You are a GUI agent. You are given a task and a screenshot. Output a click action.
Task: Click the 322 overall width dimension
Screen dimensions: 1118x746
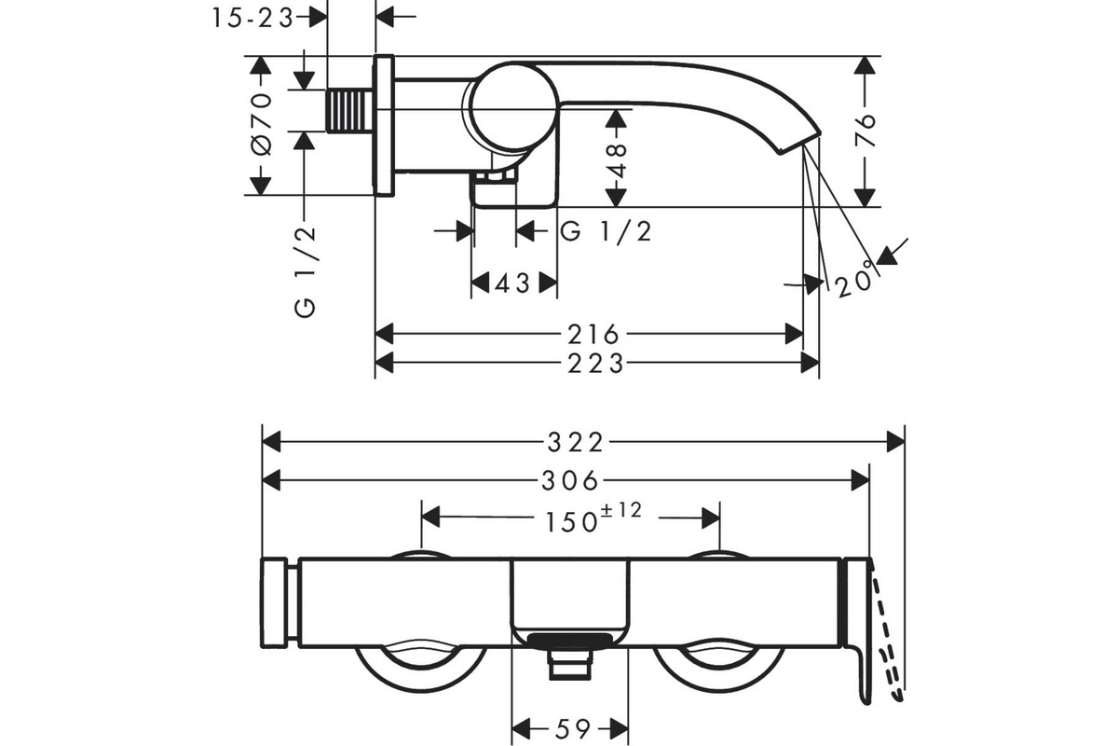click(575, 443)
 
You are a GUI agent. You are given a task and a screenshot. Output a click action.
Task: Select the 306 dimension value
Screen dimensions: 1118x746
click(569, 480)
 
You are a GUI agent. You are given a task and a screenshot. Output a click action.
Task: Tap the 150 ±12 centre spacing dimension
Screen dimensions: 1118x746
click(593, 518)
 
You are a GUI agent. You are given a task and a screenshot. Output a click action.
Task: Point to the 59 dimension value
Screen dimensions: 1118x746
click(572, 729)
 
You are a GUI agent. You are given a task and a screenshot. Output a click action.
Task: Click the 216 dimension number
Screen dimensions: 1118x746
click(593, 335)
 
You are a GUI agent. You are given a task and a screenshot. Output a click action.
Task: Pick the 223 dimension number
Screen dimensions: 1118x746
click(595, 364)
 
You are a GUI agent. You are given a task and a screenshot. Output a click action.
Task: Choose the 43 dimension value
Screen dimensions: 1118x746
click(512, 283)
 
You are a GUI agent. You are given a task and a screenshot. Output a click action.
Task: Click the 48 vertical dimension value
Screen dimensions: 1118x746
click(618, 161)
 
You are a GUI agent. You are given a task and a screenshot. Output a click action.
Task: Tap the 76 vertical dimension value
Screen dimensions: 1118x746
click(866, 130)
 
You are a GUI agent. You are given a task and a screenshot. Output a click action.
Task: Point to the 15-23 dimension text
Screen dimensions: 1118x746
click(252, 19)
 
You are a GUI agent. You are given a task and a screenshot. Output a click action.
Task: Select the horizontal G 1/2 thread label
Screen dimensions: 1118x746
click(606, 232)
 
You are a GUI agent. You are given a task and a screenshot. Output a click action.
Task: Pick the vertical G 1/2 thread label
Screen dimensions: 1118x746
click(306, 272)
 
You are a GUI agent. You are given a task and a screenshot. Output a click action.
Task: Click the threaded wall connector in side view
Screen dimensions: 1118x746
click(350, 110)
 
